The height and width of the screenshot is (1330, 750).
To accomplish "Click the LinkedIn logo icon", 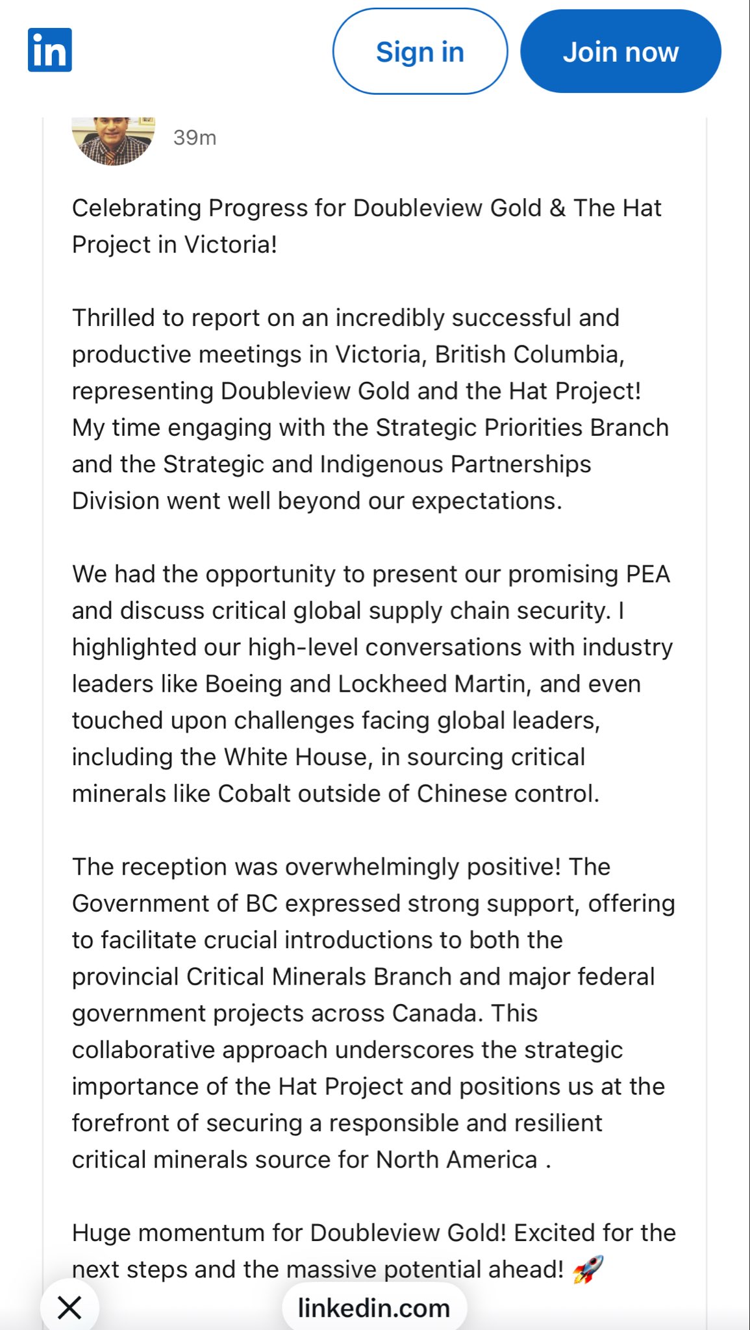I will coord(50,50).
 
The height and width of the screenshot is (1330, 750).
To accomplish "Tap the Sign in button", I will coord(419,52).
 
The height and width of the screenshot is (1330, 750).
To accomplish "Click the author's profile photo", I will coord(114,140).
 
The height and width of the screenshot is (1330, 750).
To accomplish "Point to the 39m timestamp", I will coord(195,138).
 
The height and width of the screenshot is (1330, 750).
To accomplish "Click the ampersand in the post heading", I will coord(557,208).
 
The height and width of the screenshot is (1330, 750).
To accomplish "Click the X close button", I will coord(69,1307).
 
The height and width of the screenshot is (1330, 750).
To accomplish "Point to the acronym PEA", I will coord(647,575).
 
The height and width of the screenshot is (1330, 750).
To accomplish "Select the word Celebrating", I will coord(136,208).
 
